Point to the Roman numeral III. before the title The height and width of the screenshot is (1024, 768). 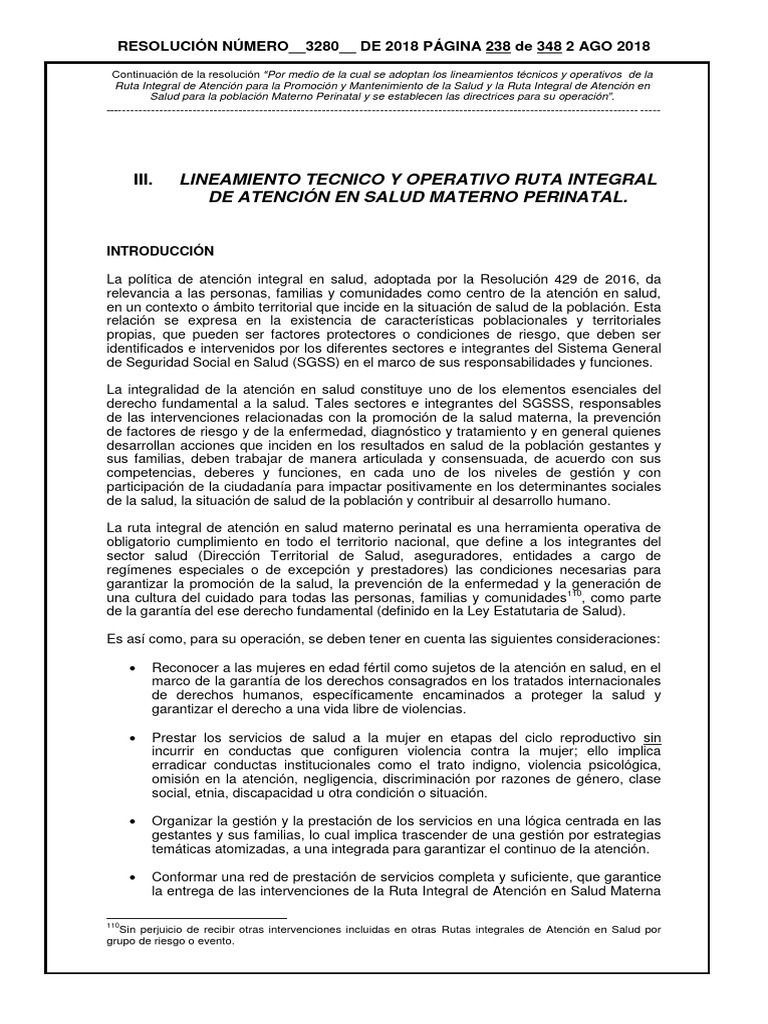coord(143,179)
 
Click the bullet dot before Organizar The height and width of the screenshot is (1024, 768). coord(133,821)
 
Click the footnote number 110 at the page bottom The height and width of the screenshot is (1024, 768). coord(112,927)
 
